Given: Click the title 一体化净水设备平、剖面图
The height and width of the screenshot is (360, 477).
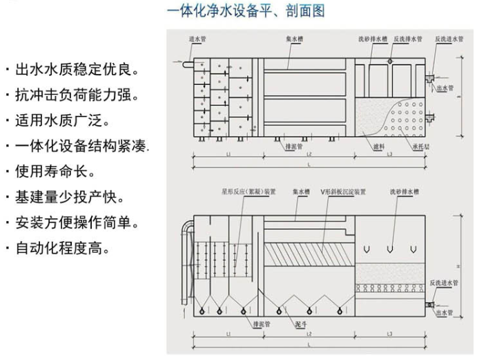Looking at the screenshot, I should pos(245,12).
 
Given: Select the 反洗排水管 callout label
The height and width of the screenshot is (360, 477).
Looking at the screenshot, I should pos(407,39).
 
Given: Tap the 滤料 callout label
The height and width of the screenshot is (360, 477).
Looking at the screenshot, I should pos(377,146).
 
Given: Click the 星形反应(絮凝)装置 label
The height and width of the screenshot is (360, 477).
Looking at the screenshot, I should pos(248,191).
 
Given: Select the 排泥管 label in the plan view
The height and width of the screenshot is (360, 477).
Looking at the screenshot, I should pos(291,146).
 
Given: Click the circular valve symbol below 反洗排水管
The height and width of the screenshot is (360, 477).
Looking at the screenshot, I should pos(390,61).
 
